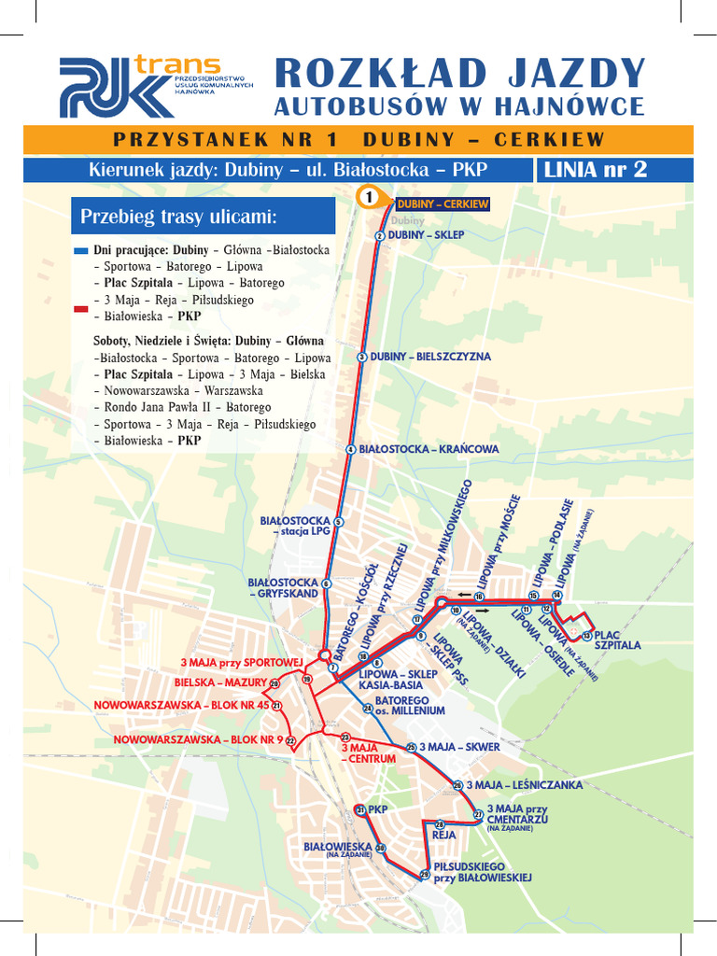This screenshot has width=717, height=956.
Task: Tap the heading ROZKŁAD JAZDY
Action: coord(459,74)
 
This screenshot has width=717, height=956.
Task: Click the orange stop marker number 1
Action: coord(369,197)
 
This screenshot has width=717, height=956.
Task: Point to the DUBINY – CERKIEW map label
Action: coord(443,204)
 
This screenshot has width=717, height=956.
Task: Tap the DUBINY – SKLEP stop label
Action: coord(426,235)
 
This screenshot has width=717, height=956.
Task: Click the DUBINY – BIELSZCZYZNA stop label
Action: coord(429,357)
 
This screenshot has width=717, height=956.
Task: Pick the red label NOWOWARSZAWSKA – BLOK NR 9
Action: coord(198,740)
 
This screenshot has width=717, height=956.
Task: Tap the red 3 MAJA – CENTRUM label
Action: coord(368,753)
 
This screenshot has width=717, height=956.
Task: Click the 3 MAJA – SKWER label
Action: coord(458,747)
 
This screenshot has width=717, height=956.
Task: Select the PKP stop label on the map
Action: coord(377,809)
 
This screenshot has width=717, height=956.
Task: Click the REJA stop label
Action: coord(443,835)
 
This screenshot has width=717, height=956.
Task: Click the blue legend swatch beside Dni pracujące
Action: coord(81,251)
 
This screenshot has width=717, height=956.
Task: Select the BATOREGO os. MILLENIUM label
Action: coord(409,705)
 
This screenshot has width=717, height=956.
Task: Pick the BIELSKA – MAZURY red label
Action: coord(219,682)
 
